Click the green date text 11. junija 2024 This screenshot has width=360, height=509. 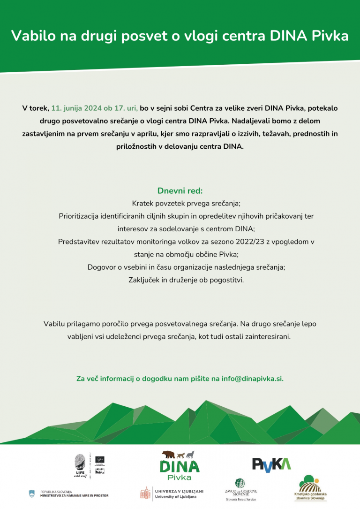80,108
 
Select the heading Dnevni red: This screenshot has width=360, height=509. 180,191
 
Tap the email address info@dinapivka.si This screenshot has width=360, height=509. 253,378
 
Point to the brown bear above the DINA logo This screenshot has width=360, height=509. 168,454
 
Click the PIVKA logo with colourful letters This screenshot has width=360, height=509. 271,463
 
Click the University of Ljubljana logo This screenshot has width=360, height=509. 172,493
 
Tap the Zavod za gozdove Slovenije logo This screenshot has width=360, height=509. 240,490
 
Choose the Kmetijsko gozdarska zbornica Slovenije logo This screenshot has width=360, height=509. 310,490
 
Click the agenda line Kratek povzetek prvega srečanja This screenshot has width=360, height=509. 180,204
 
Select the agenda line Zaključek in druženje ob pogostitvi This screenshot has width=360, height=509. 180,280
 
